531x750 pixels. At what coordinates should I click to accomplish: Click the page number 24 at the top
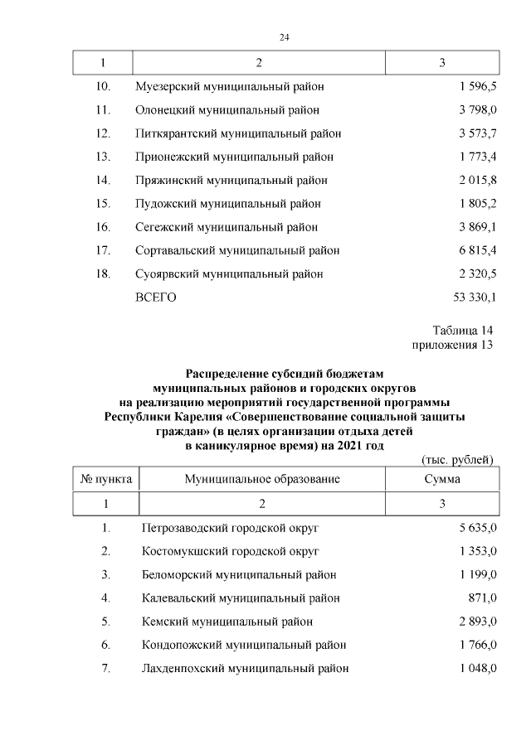285,37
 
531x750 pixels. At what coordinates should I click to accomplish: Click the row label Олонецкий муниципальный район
227,109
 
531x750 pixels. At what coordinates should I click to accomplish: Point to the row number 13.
103,156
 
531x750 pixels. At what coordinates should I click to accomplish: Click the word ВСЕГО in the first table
155,297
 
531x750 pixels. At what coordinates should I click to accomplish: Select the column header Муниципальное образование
262,479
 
